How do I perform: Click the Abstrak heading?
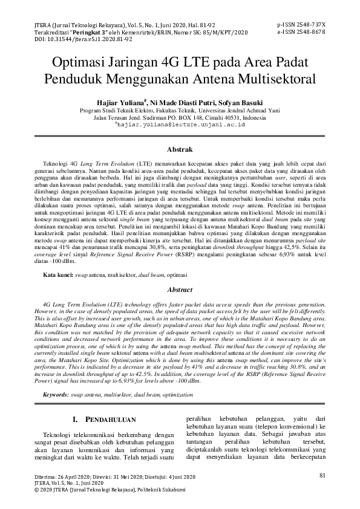pos(180,149)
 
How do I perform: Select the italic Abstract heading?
pos(180,290)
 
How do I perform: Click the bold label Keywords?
pos(56,394)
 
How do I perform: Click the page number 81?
pos(321,475)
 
